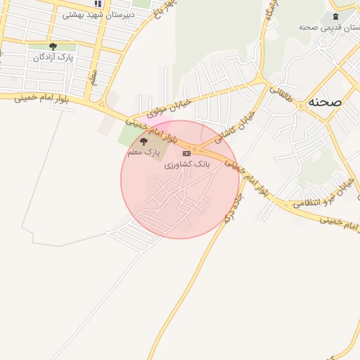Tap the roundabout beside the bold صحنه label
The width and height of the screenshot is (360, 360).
point(301,105)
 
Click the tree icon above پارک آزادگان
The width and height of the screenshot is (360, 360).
point(53,47)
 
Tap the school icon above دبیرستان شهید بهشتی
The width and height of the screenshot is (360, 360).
point(98,4)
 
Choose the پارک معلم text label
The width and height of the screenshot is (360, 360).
point(143,152)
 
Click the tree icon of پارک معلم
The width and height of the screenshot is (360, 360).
point(143,141)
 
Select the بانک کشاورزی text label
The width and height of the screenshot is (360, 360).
point(187,165)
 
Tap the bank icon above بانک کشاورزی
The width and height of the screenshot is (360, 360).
point(186,153)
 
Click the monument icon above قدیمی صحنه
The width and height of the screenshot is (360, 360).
point(334,15)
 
